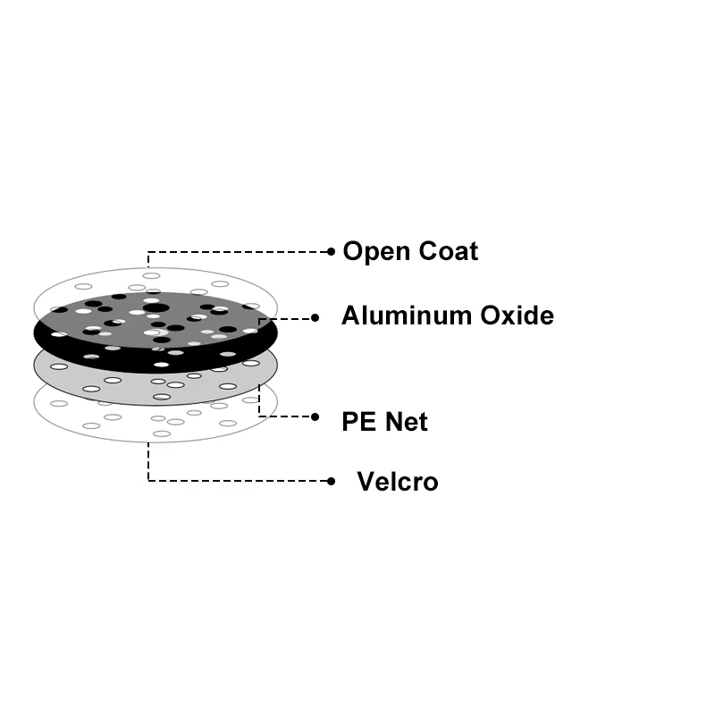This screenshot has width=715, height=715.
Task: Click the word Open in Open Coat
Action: coord(373,252)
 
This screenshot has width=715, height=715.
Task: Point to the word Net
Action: coord(407,421)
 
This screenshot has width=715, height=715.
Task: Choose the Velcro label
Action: coord(397,482)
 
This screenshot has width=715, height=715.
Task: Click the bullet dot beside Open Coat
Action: coord(331,252)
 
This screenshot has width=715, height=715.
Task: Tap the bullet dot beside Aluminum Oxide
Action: coord(315,317)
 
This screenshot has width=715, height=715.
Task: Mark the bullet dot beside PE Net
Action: coord(315,416)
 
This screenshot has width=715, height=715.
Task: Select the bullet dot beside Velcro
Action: coord(331,481)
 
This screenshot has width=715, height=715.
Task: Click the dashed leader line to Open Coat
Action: coord(241,252)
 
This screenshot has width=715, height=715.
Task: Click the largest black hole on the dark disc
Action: coord(156,308)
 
